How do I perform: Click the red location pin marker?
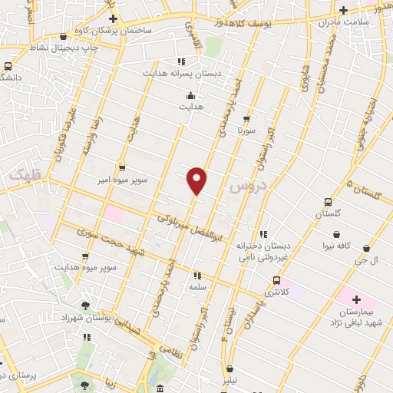point(197,180)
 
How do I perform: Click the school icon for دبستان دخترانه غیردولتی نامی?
point(263,234)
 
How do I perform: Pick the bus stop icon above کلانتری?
point(276,280)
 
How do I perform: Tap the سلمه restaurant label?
point(198,286)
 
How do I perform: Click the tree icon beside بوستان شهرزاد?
point(85,305)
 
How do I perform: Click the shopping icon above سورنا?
point(246,119)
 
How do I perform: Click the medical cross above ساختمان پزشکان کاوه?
point(113,18)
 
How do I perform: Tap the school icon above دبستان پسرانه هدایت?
point(180,61)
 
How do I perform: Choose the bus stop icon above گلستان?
point(327,203)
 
